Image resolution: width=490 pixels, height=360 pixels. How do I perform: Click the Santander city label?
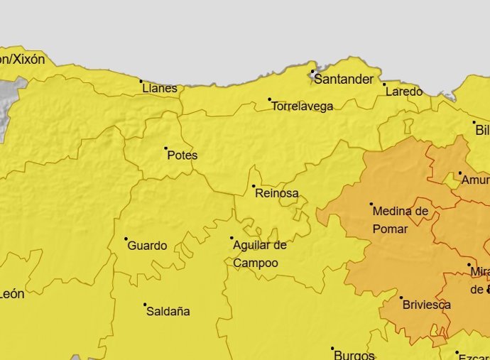343,80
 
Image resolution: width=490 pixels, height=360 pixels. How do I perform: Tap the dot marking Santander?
312,71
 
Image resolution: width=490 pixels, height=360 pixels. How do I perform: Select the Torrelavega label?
303,107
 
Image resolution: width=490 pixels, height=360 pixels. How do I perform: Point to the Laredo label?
403,92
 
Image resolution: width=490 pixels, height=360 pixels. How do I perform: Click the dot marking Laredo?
384,84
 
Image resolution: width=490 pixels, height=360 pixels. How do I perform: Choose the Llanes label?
160,89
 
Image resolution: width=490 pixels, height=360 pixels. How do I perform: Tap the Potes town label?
183,156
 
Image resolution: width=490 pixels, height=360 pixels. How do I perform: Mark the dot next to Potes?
166,148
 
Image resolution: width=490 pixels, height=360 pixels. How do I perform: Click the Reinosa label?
277,193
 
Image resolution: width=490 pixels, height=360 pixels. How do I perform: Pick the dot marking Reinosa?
254,186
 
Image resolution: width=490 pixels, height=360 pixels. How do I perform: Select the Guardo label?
148,246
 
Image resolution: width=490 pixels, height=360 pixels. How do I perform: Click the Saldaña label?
168,311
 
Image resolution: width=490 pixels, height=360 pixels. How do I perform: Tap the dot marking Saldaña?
145,305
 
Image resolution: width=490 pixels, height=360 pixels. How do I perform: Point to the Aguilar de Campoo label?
259,254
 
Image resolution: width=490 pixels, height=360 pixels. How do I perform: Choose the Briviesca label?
427,305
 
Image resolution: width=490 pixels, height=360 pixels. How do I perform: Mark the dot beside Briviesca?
401,298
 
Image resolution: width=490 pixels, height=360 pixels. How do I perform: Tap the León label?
12,294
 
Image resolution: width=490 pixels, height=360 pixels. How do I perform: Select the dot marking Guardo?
126,239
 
